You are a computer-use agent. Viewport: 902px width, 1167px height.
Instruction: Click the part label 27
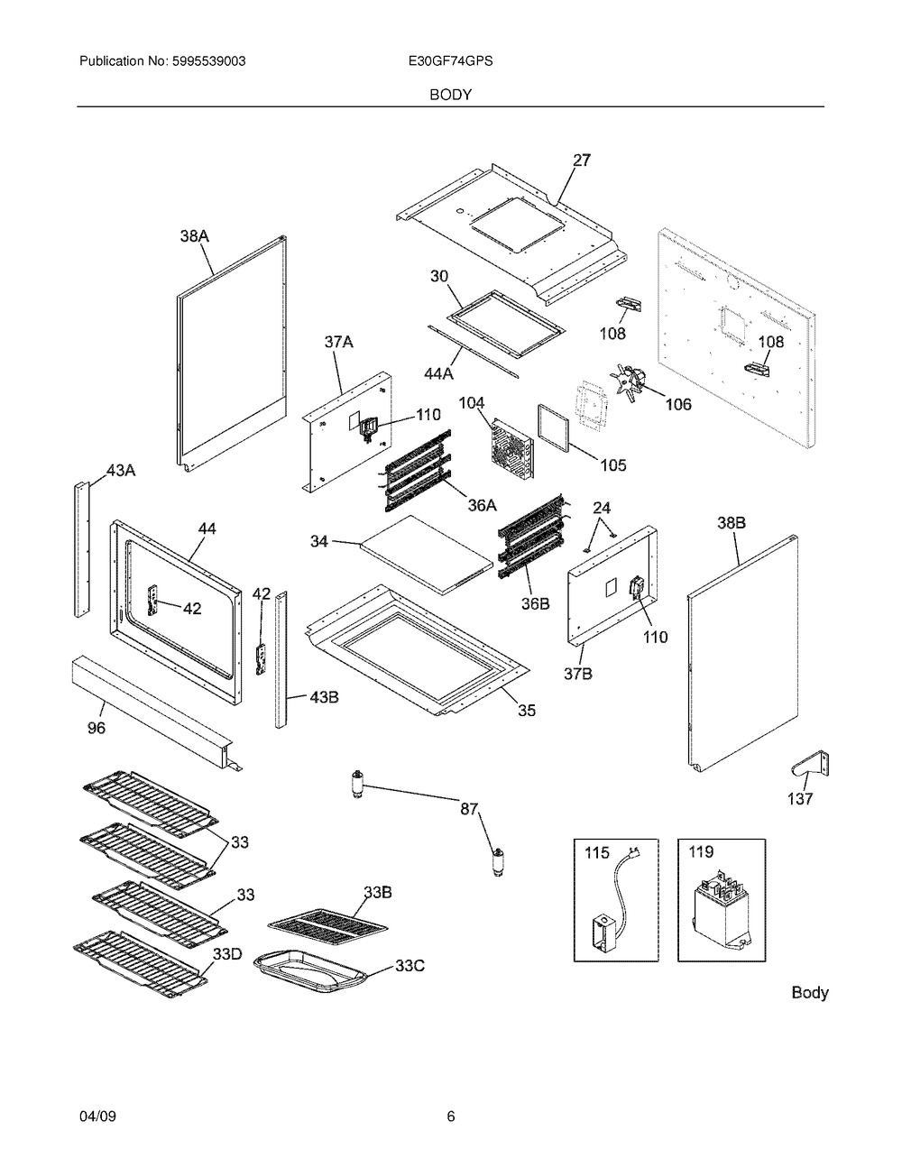click(x=582, y=161)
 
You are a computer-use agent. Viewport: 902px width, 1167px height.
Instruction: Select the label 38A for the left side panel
click(x=194, y=236)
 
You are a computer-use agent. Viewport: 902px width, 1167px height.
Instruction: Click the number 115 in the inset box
click(x=597, y=852)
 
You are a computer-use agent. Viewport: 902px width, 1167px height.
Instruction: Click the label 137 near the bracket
click(x=800, y=798)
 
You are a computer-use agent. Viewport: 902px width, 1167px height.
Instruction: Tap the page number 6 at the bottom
click(x=450, y=1116)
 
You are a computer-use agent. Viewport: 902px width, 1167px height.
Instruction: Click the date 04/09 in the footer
click(x=97, y=1116)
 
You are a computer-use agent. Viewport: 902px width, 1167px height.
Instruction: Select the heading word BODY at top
click(x=450, y=94)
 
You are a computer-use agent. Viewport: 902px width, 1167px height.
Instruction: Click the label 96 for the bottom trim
click(x=96, y=728)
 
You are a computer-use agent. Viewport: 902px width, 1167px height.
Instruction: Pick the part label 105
click(x=612, y=465)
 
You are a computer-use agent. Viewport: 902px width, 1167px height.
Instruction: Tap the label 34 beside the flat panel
click(x=319, y=541)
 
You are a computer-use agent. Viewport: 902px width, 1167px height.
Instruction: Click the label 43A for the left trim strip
click(x=121, y=470)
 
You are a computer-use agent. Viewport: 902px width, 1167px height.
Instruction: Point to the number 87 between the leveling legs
click(x=470, y=808)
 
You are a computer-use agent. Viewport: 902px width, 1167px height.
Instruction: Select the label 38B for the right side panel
click(x=731, y=523)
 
